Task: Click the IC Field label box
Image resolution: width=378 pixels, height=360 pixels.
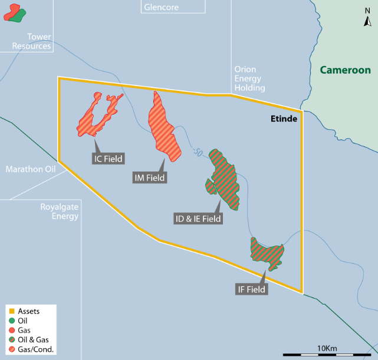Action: (108, 158)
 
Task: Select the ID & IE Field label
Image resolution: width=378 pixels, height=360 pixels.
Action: (198, 219)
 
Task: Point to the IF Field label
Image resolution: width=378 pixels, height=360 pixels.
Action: (252, 290)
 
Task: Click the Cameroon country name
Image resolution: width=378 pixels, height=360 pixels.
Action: (345, 70)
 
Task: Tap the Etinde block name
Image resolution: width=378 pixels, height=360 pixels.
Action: (280, 119)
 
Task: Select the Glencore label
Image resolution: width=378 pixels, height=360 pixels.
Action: (160, 8)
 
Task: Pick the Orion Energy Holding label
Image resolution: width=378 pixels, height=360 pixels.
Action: (249, 78)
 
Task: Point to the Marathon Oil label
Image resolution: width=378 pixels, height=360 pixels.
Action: (30, 169)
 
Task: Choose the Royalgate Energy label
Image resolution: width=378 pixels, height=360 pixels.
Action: (60, 211)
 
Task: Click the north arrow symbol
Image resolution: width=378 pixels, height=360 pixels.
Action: (367, 20)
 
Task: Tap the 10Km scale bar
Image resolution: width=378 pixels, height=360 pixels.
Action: (326, 354)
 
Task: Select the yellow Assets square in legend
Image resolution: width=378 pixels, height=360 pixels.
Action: (11, 310)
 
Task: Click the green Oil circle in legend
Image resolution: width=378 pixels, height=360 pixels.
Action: (11, 320)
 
